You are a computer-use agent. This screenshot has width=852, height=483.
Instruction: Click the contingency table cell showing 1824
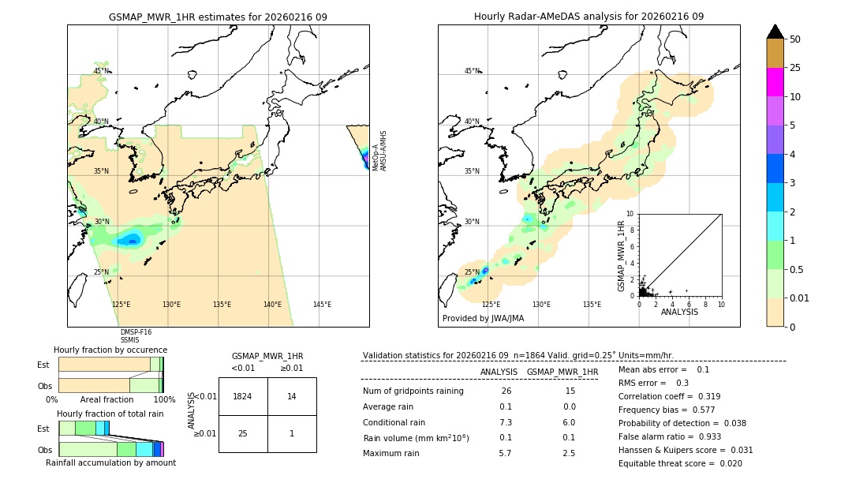coord(243,396)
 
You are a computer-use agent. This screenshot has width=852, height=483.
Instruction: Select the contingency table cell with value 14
coord(292,396)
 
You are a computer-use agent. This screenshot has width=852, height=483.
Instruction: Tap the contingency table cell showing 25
coord(243,433)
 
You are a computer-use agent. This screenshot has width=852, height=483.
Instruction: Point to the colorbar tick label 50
coord(795,39)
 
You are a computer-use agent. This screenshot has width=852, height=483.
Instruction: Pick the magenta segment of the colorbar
coord(775,82)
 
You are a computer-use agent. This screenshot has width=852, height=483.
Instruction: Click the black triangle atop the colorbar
coord(775,32)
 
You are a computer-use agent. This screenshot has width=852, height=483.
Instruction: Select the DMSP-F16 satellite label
coord(136,332)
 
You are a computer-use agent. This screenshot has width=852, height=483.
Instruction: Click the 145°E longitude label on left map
coord(322,305)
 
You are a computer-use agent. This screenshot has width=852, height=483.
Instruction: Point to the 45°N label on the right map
coord(472,71)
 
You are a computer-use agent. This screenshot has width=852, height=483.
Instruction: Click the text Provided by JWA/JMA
coord(483,319)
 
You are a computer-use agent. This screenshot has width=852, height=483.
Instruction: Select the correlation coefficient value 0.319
coord(703,396)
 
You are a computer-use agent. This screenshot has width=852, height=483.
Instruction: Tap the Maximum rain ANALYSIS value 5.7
coord(505,453)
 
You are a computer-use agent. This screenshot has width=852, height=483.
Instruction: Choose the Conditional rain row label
coord(394,422)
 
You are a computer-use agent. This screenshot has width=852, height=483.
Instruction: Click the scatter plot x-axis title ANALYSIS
coord(678,312)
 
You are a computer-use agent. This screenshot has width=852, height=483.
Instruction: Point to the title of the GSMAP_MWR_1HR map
coord(218,17)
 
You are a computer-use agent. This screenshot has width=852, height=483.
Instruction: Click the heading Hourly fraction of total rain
coord(110,414)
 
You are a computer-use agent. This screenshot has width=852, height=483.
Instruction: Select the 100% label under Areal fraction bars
coord(164,399)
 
